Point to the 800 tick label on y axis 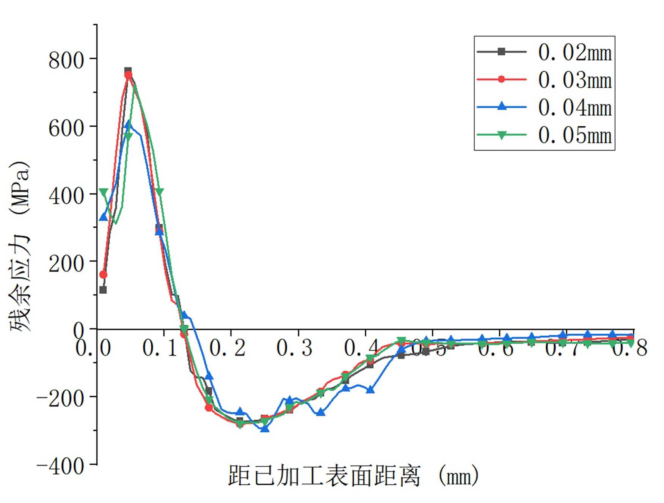pos(66,60)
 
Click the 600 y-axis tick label pos(66,128)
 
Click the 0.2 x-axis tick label pos(228,347)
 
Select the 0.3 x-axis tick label pos(295,347)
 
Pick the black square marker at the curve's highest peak pos(128,71)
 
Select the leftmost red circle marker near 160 pos(103,275)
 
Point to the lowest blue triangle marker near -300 pos(265,428)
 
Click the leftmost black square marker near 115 pos(103,290)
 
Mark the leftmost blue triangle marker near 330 pos(103,217)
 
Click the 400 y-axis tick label pos(66,196)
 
